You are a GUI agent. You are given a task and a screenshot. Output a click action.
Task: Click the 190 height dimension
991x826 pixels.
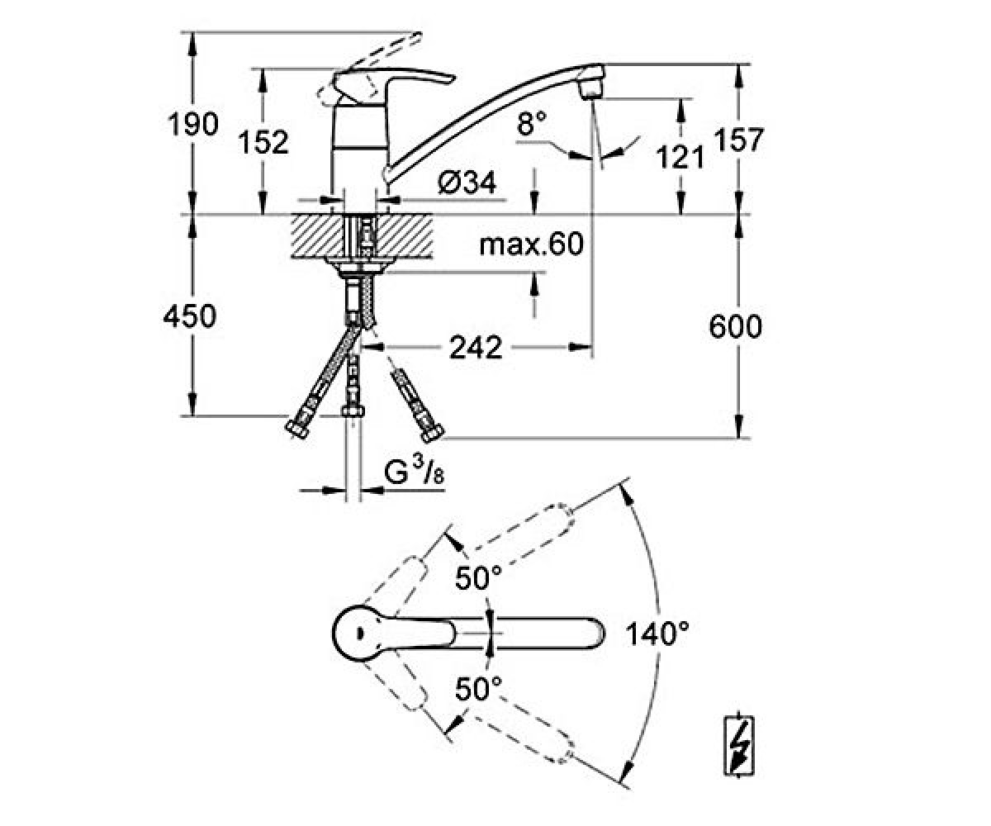pyautogui.click(x=193, y=125)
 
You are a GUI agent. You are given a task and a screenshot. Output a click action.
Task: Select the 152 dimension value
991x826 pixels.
pyautogui.click(x=263, y=142)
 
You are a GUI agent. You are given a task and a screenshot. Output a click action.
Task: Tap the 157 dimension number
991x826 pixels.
pyautogui.click(x=738, y=140)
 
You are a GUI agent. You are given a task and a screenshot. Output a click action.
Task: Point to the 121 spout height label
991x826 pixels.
pyautogui.click(x=680, y=157)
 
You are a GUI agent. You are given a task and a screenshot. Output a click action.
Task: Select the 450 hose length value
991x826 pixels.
pyautogui.click(x=190, y=316)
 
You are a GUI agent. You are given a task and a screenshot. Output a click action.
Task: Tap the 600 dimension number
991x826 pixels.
pyautogui.click(x=735, y=326)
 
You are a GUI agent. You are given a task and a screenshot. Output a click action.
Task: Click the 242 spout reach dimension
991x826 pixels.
pyautogui.click(x=476, y=347)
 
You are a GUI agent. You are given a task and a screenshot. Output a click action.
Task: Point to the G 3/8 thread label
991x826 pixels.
pyautogui.click(x=414, y=472)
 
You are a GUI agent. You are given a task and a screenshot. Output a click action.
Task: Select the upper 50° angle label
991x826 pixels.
pyautogui.click(x=478, y=577)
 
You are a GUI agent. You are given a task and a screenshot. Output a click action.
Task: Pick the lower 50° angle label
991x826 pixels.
pyautogui.click(x=478, y=689)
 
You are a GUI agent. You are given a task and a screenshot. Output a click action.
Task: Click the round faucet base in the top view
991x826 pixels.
pyautogui.click(x=361, y=633)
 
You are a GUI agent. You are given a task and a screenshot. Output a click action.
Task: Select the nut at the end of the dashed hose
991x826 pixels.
pyautogui.click(x=431, y=432)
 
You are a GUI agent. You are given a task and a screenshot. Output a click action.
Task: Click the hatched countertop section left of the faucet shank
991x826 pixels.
pyautogui.click(x=316, y=236)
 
